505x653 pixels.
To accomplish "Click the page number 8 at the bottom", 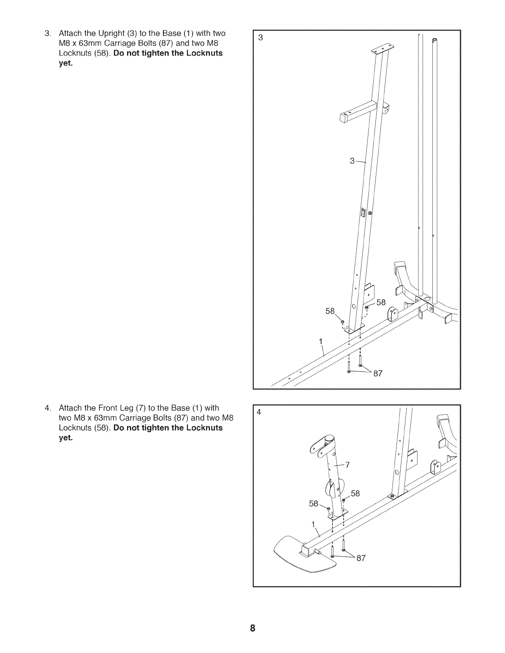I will tap(252, 629).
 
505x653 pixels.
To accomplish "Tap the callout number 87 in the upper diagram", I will tap(378, 374).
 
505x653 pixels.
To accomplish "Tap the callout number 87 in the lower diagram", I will tap(361, 558).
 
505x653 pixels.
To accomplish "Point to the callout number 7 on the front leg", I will tap(347, 465).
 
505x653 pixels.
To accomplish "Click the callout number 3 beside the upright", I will tap(352, 161).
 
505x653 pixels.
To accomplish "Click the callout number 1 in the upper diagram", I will tap(320, 341).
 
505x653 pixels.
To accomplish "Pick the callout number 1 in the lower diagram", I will tap(313, 524).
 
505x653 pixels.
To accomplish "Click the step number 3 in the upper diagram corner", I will tap(260, 38).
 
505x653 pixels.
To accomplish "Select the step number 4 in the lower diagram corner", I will tap(259, 412).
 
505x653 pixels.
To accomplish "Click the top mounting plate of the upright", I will tap(380, 51).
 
